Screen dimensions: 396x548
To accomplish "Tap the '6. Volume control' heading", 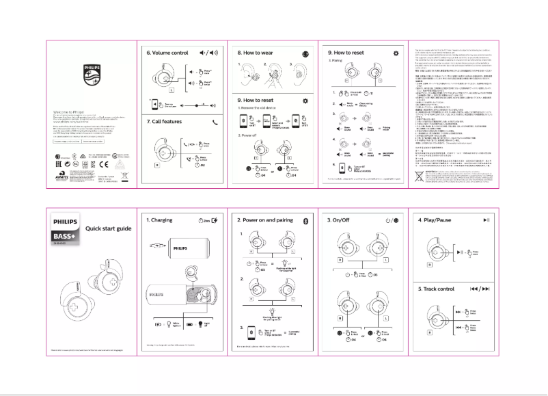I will pos(167,52).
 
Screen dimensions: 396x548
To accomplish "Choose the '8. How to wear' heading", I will pos(258,52).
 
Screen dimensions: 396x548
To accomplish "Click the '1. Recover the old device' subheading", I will pos(260,108).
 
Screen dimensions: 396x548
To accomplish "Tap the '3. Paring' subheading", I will pos(335,60).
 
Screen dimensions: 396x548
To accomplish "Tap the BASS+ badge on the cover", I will pos(67,237).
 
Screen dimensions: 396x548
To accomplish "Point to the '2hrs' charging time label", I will pos(202,220).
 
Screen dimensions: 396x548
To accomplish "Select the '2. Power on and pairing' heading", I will pos(265,220).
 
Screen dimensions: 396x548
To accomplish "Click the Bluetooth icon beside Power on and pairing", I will pos(305,220).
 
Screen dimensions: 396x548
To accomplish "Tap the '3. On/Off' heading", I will pos(340,220).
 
